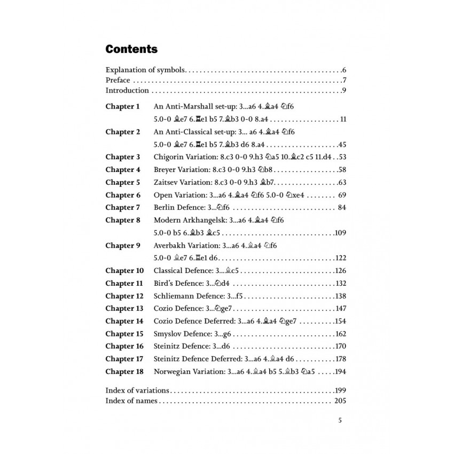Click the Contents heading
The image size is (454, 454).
131,50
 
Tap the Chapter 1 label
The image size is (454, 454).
122,106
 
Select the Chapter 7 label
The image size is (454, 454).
122,207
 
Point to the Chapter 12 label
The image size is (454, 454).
124,296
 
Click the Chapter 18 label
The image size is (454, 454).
124,371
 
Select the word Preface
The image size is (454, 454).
118,81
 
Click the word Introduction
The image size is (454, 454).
127,90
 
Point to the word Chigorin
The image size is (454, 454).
168,157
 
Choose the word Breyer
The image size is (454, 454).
166,170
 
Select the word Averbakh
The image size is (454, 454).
170,245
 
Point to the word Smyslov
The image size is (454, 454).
168,334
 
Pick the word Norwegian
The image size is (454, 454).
172,371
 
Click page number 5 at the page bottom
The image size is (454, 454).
340,420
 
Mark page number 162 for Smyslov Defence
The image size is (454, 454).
341,334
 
